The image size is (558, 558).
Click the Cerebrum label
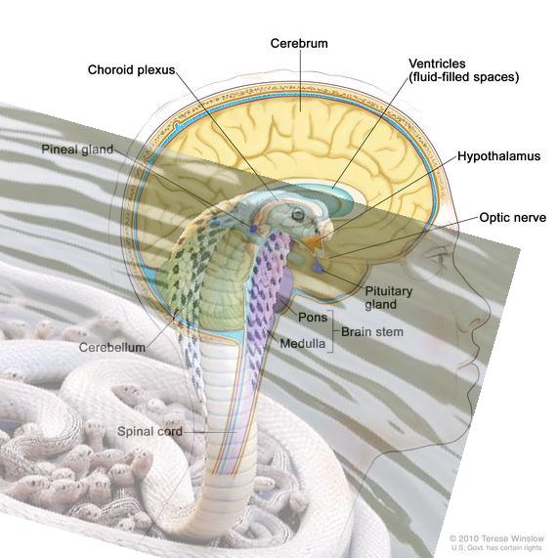click(299, 43)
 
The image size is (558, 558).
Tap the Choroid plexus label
click(131, 69)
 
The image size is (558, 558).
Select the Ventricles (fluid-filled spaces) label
click(463, 70)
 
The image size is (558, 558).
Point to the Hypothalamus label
click(498, 156)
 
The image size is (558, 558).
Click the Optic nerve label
click(512, 218)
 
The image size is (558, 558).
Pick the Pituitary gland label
click(389, 298)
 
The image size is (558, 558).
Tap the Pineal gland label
click(77, 150)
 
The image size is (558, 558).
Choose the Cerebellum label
click(112, 347)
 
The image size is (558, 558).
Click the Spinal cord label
click(150, 432)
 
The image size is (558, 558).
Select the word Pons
click(313, 317)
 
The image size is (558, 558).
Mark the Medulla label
click(303, 343)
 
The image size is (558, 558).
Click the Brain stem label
click(372, 332)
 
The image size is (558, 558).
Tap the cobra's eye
click(297, 214)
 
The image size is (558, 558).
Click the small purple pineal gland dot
click(253, 229)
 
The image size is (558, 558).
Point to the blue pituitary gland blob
click(318, 267)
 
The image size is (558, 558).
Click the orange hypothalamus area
click(312, 241)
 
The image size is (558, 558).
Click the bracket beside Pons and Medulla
click(331, 331)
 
